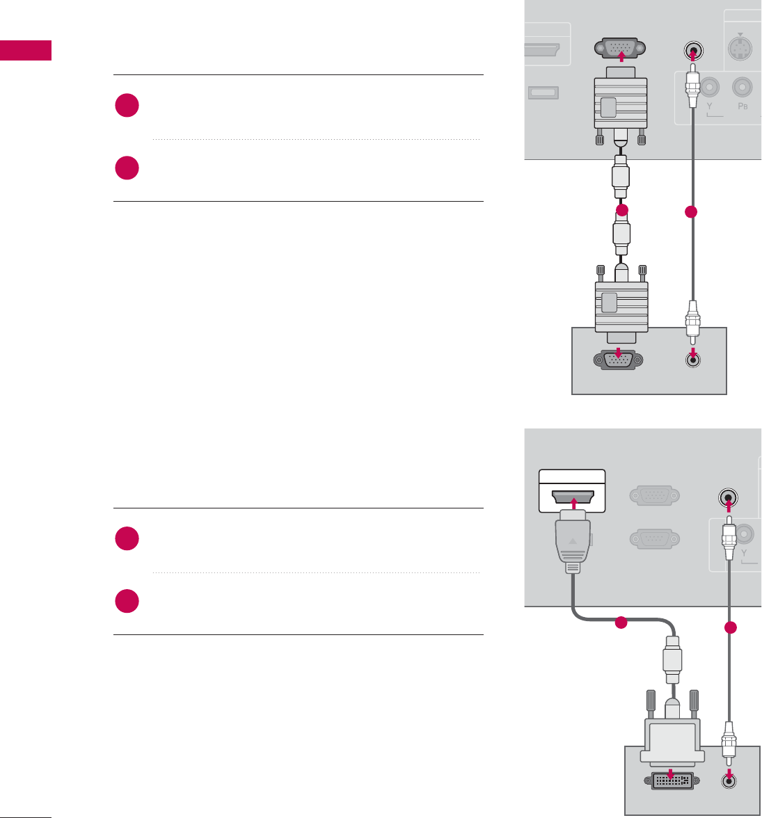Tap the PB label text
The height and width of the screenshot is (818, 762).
point(743,107)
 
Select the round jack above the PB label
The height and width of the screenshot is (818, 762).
point(743,86)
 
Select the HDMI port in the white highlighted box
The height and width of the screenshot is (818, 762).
point(572,498)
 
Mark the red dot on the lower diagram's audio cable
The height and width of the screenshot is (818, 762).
point(729,627)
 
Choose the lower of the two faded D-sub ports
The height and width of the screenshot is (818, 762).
point(651,540)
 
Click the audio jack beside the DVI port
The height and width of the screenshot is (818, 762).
point(729,780)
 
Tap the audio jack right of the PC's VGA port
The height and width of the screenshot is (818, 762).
point(692,359)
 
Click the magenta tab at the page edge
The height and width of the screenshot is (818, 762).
point(26,51)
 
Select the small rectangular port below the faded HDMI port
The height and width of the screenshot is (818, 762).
point(544,93)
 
